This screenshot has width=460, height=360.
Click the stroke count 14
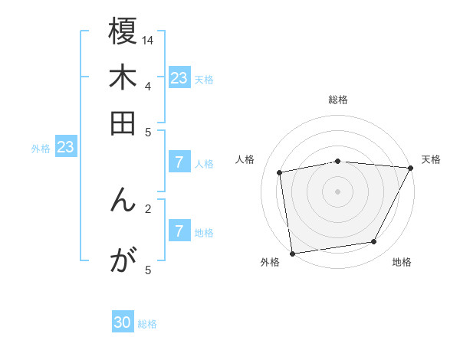pyautogui.click(x=148, y=40)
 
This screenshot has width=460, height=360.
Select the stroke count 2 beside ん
pyautogui.click(x=147, y=208)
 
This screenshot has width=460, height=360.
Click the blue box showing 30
pyautogui.click(x=123, y=322)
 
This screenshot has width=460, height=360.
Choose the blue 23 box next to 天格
pyautogui.click(x=179, y=77)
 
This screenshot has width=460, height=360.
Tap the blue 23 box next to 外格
pyautogui.click(x=65, y=147)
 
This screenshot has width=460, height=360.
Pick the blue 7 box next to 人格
pyautogui.click(x=179, y=162)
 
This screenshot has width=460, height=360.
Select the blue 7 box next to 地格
pyautogui.click(x=179, y=231)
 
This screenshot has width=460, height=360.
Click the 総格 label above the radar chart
pyautogui.click(x=338, y=100)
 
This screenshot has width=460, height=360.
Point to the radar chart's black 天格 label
pyautogui.click(x=431, y=159)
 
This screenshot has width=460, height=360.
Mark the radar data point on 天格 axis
pyautogui.click(x=411, y=168)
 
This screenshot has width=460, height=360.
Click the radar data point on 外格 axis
pyautogui.click(x=292, y=253)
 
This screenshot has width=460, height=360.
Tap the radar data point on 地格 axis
pyautogui.click(x=374, y=242)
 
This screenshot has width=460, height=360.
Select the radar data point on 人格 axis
pyautogui.click(x=281, y=173)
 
